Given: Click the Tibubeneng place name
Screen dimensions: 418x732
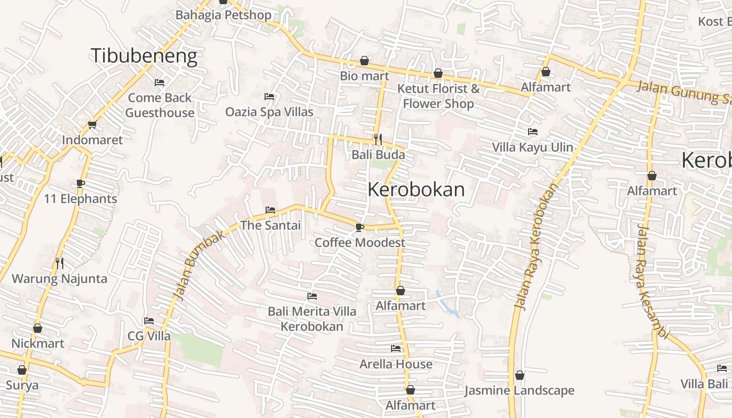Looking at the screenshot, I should [144, 56].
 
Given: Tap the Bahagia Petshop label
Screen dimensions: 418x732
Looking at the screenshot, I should [223, 15].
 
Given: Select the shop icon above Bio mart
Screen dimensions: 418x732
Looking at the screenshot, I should [364, 61].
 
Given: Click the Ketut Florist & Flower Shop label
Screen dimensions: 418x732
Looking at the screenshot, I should [438, 96].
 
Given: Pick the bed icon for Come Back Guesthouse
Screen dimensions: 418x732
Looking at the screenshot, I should [159, 83].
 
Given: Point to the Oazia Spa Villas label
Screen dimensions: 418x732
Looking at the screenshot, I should [269, 112].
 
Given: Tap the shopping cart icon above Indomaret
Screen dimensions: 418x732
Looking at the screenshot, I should [93, 124].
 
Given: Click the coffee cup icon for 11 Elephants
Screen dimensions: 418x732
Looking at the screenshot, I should [81, 183].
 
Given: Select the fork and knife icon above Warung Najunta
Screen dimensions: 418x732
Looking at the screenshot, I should [60, 263].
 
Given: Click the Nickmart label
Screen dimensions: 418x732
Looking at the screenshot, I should [38, 343].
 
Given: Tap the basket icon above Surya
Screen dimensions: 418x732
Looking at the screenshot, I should [22, 370].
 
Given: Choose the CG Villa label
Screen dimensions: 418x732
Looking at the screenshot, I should [149, 336].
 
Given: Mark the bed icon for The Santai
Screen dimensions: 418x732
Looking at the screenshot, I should [270, 210].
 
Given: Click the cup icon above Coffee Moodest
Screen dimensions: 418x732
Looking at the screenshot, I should [359, 227].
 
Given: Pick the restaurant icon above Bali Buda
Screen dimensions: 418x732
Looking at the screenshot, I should [378, 139].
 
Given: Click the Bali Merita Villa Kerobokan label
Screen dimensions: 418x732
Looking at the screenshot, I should [312, 319].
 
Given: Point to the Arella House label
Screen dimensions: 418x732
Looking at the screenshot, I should [396, 364].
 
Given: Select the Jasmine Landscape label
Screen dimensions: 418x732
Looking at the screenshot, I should [519, 391].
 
